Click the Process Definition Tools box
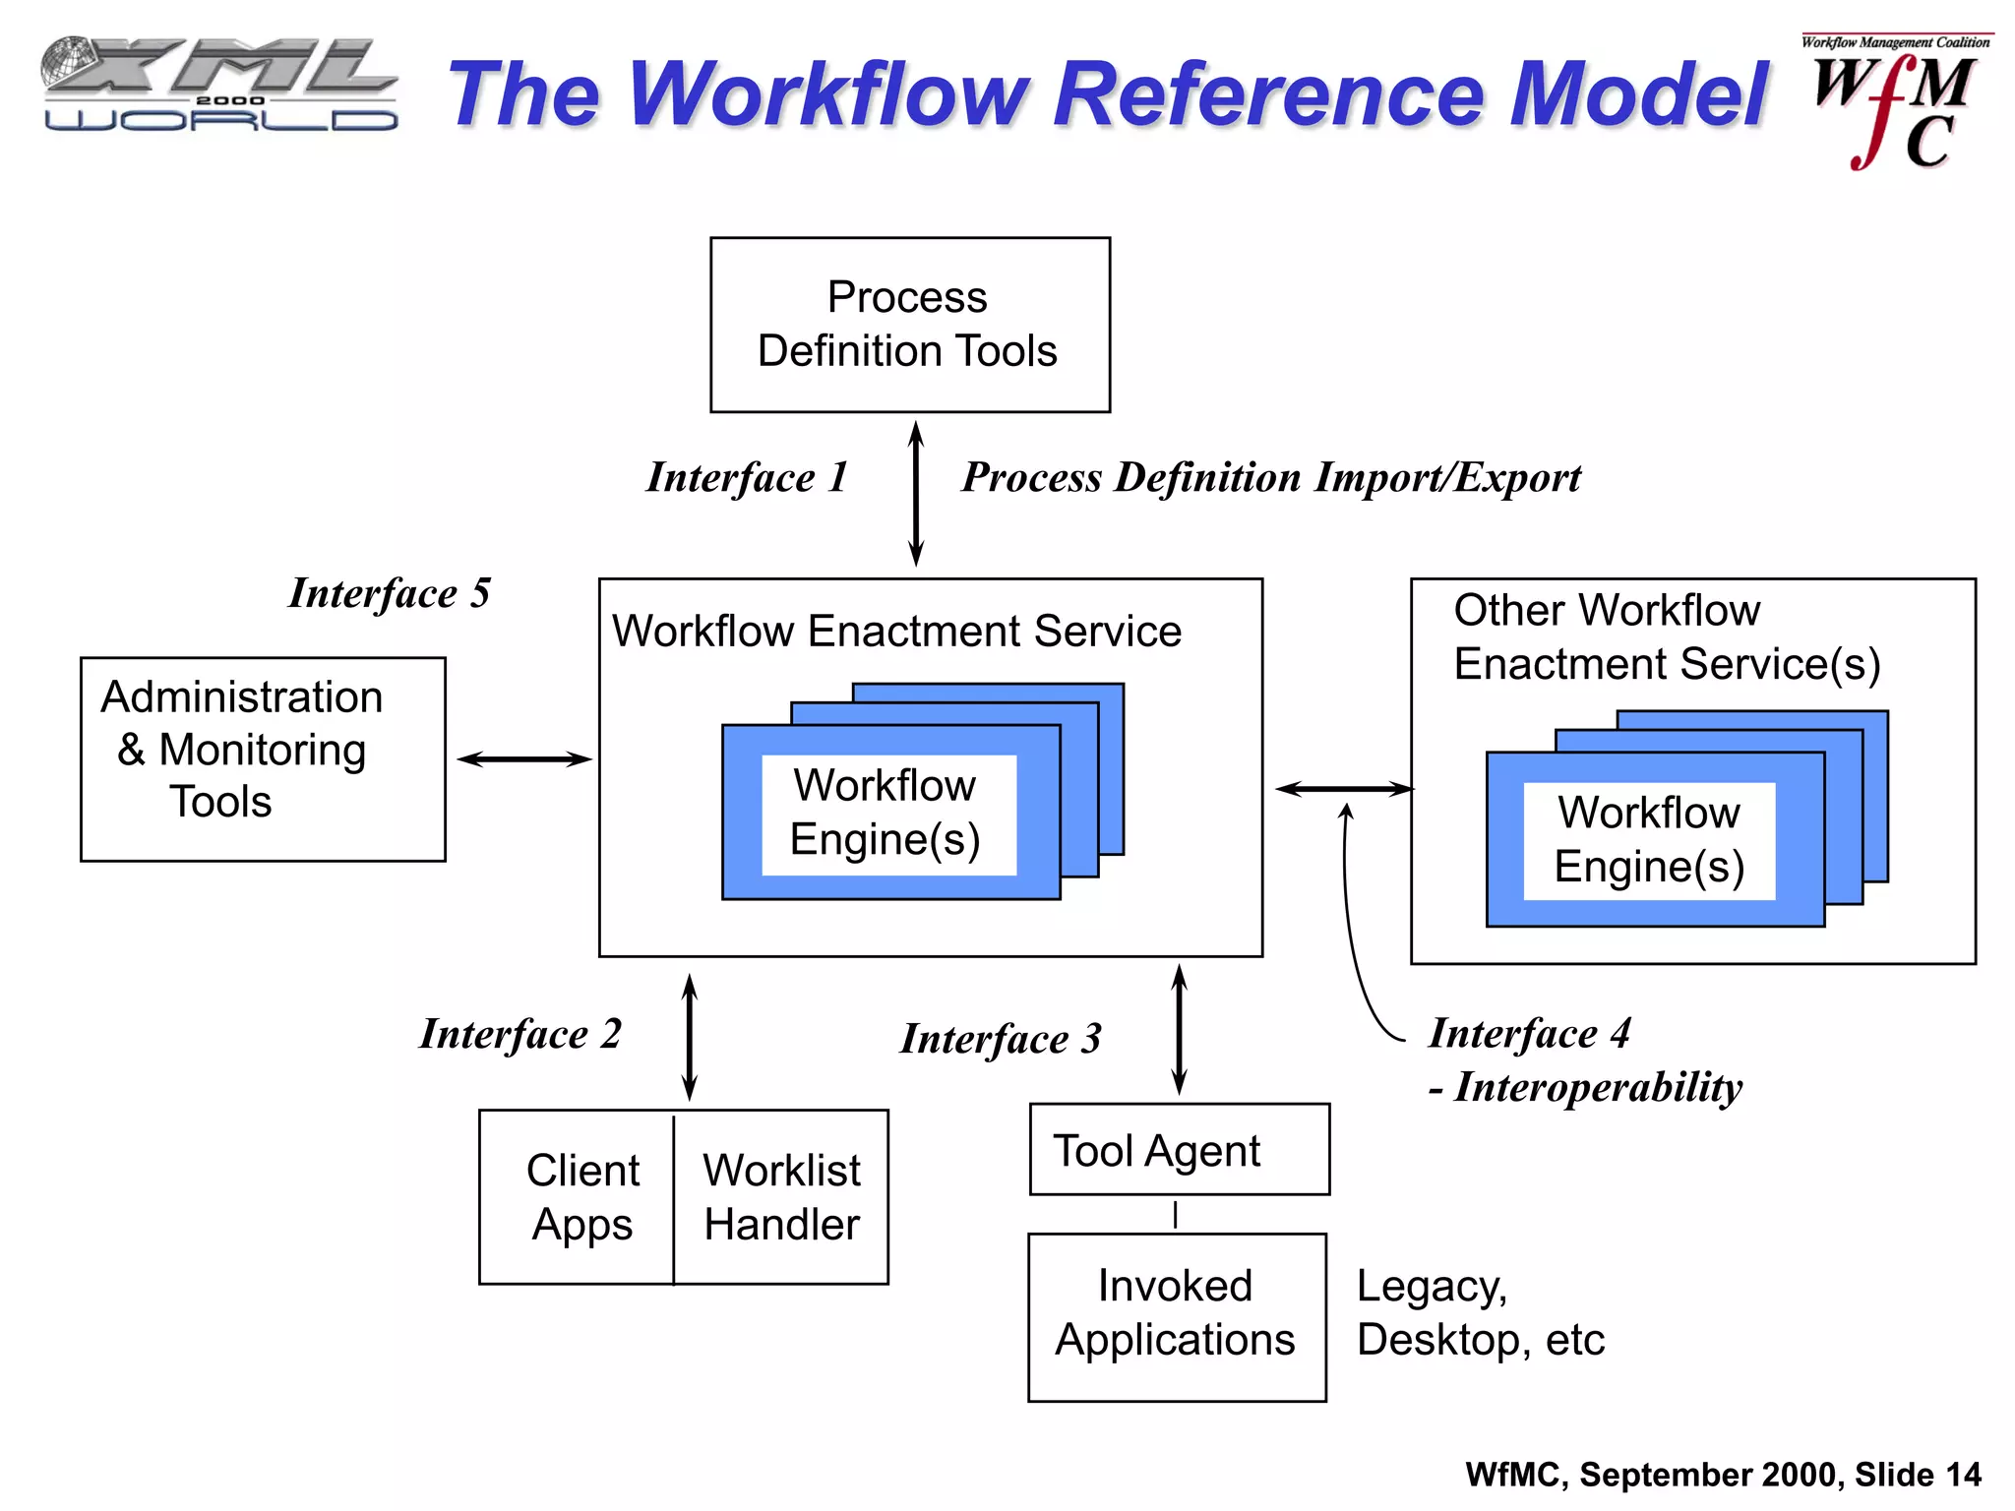[909, 325]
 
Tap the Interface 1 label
[747, 477]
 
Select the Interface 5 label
[390, 593]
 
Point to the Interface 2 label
[520, 1034]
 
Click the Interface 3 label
[1001, 1039]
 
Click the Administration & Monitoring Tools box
[263, 758]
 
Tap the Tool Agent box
[1179, 1149]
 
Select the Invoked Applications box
[1177, 1316]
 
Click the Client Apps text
[582, 1197]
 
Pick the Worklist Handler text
[782, 1197]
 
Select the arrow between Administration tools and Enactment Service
[523, 758]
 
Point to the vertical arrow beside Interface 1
[915, 494]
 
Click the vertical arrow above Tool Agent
[1179, 1029]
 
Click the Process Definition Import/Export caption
[1270, 477]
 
